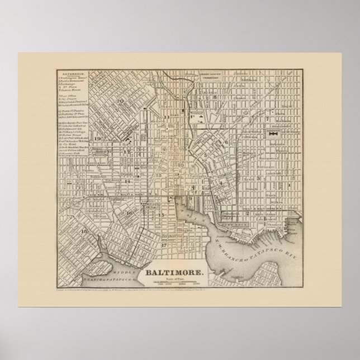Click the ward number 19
click(x=97, y=139)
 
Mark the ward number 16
click(x=129, y=213)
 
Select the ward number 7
click(x=268, y=119)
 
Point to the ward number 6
click(x=226, y=142)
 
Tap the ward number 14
click(x=128, y=181)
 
